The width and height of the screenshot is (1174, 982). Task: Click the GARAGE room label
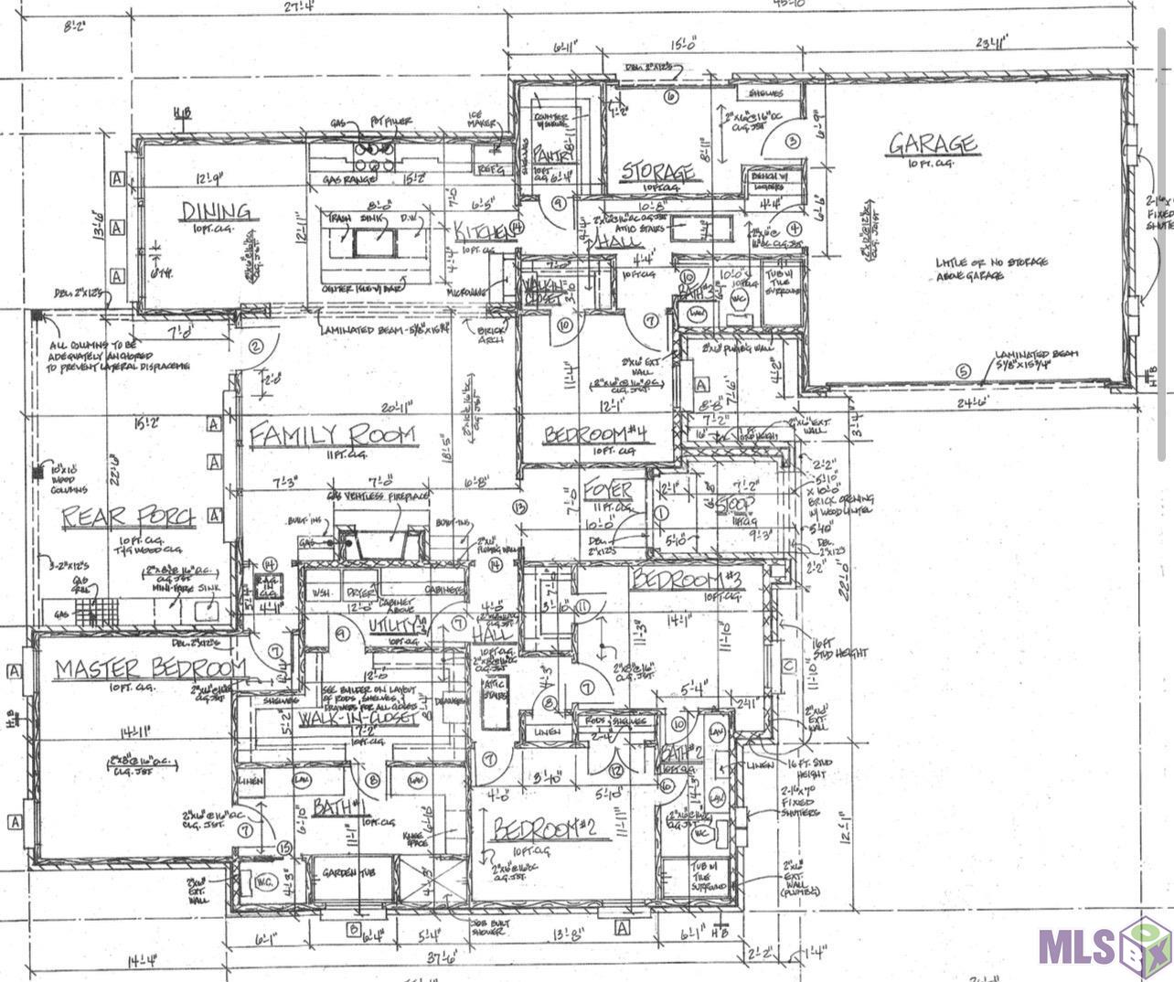[933, 144]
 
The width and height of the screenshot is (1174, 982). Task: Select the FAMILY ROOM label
[333, 435]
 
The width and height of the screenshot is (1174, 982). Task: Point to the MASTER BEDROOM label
[149, 669]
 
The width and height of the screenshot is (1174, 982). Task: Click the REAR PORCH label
[128, 518]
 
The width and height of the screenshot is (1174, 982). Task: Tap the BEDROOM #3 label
[687, 580]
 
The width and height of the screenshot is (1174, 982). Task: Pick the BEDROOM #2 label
[546, 828]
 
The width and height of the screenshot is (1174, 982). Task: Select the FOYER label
[608, 487]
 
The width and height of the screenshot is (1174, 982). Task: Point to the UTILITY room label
[395, 624]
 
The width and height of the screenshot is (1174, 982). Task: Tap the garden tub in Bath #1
[351, 873]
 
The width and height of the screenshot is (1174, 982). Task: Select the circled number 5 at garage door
[962, 371]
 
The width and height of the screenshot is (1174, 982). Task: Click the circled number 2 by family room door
[256, 346]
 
